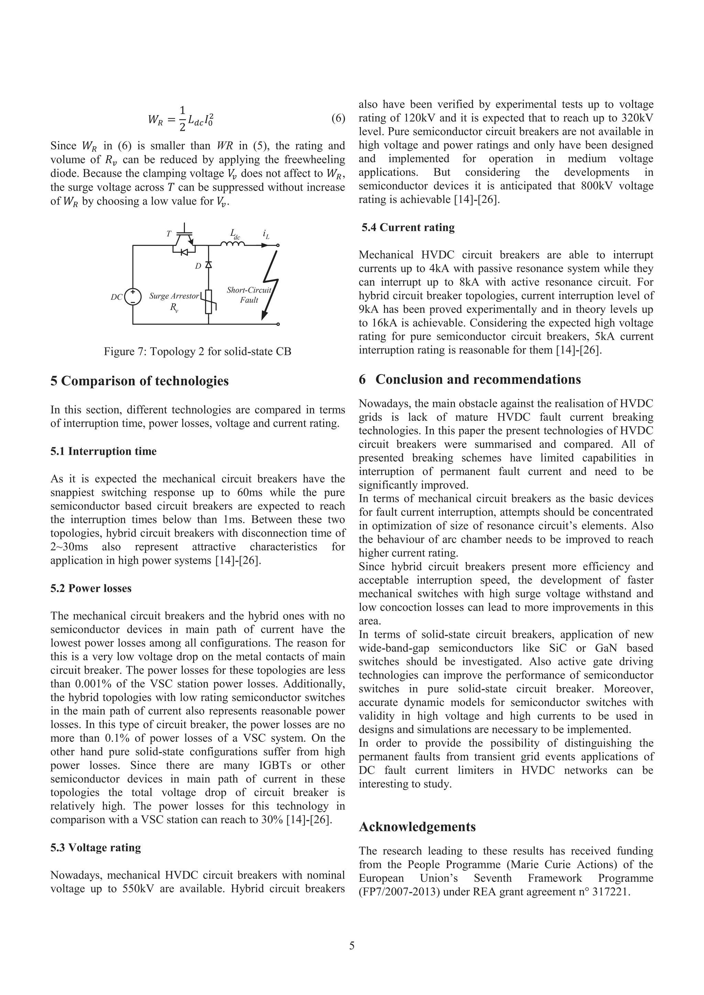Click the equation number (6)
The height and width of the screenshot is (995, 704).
pos(338,118)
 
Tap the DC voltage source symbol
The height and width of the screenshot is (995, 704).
pos(133,297)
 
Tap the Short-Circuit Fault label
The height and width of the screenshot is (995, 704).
pos(249,295)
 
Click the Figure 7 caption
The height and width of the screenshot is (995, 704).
pos(197,351)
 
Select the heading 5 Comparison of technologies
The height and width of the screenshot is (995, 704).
pos(139,381)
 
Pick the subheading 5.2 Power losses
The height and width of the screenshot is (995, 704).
pos(91,588)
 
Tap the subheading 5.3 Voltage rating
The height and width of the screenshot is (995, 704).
pos(96,847)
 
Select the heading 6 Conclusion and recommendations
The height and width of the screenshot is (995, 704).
pos(470,379)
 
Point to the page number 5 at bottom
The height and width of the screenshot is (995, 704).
pos(352,945)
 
